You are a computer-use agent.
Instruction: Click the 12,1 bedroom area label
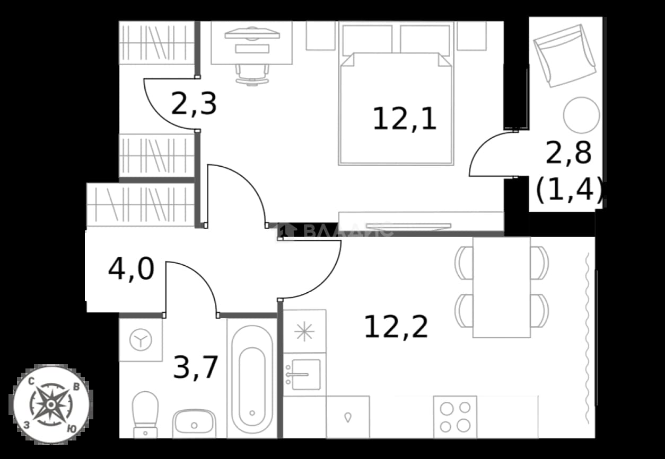click(404, 119)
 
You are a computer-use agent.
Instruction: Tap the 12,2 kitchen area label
click(396, 326)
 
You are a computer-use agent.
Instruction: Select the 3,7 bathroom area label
click(195, 368)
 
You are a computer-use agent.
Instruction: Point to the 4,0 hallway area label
click(131, 269)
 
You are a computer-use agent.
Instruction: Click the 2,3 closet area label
click(194, 104)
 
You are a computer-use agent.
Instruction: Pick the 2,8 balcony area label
click(568, 153)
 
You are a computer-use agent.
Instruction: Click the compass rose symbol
click(51, 404)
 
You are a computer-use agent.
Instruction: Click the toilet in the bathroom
click(145, 414)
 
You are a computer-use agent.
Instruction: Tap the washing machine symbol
click(141, 339)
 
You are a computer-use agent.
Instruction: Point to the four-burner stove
click(455, 417)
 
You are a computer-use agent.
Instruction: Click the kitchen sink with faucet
click(304, 374)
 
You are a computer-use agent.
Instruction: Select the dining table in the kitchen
click(502, 287)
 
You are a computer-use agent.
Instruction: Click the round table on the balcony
click(581, 115)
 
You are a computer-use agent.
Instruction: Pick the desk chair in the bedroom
click(252, 75)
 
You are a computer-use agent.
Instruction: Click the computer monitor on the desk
click(252, 33)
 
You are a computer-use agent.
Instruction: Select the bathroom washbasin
click(194, 423)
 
